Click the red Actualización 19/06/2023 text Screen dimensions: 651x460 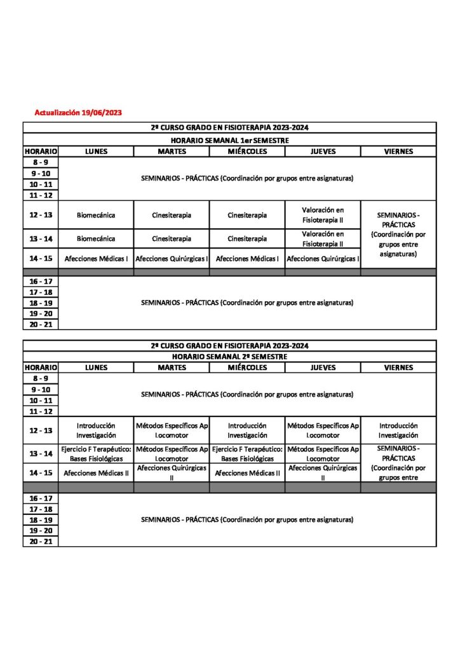point(78,113)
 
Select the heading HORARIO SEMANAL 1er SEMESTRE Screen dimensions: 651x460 point(229,140)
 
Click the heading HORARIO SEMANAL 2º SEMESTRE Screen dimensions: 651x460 point(229,357)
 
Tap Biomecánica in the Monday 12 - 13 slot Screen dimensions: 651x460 point(96,215)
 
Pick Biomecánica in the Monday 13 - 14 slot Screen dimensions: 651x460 point(96,238)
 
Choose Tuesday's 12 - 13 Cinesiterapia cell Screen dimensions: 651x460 point(172,215)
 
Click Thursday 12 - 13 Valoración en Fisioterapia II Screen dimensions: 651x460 point(323,215)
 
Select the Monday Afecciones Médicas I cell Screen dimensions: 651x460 point(96,259)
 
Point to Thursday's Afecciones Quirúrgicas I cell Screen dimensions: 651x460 point(323,259)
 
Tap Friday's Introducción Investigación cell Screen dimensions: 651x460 point(398,430)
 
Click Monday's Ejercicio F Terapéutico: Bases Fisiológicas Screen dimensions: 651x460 point(96,453)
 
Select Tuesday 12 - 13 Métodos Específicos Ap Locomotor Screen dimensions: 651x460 point(172,430)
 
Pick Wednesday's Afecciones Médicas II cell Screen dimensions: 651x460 point(247,473)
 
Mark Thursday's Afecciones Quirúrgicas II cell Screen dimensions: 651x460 point(323,473)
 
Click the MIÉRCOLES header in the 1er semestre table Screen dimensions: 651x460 point(247,151)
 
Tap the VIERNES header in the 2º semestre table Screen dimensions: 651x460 point(398,367)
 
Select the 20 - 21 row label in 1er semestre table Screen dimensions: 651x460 point(41,324)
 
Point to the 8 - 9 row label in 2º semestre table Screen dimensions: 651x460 point(41,378)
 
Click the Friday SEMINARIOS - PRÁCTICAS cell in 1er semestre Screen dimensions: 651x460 point(398,235)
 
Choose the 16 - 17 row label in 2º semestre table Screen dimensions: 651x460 point(41,498)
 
